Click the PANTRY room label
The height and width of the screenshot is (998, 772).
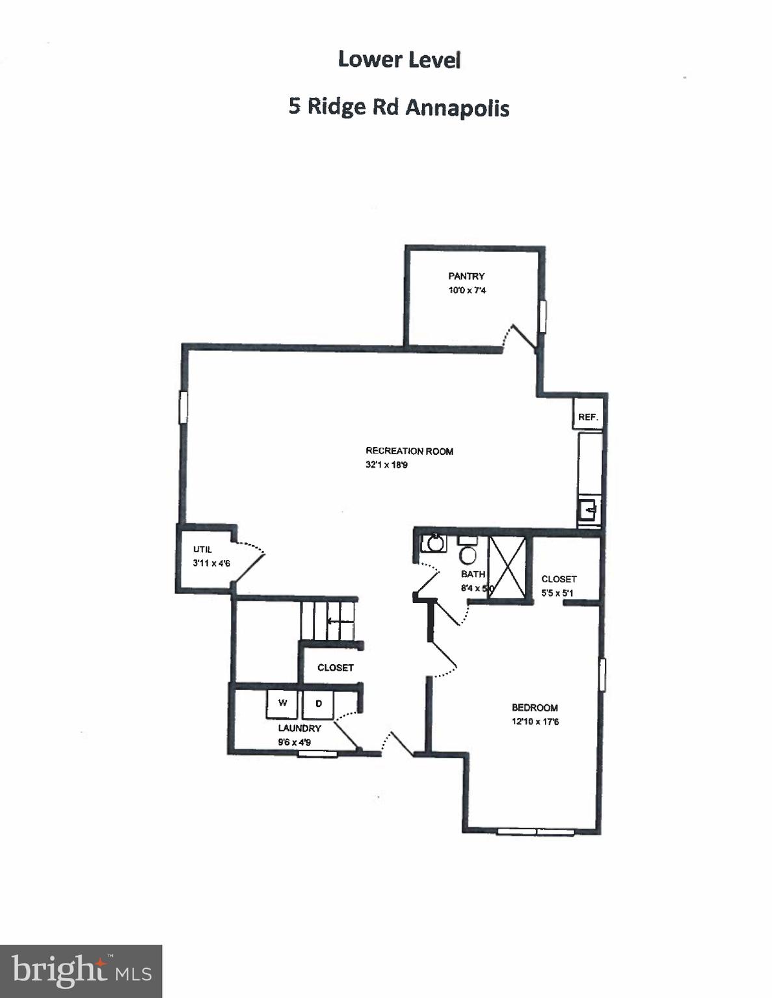click(x=466, y=276)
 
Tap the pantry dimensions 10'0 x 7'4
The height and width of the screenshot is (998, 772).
click(x=466, y=290)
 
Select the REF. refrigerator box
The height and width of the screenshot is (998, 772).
click(x=588, y=416)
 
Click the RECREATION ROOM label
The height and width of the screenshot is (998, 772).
click(x=409, y=451)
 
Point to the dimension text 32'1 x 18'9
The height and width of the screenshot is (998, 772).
click(x=386, y=465)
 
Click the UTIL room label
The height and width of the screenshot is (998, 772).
click(x=202, y=550)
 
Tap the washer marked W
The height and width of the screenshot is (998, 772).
click(x=282, y=704)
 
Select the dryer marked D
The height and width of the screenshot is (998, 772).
click(x=318, y=704)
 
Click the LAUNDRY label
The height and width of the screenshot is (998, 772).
click(x=299, y=728)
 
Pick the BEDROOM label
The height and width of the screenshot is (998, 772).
click(x=535, y=708)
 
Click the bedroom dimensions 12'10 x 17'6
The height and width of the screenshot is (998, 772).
click(x=535, y=722)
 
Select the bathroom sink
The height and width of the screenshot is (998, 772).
click(x=433, y=543)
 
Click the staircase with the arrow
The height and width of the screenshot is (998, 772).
click(x=328, y=621)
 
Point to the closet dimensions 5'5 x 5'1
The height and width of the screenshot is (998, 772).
click(x=557, y=593)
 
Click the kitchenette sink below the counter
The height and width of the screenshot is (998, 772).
click(x=588, y=510)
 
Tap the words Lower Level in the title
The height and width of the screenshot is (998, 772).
click(x=399, y=60)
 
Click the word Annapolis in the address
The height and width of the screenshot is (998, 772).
click(x=457, y=107)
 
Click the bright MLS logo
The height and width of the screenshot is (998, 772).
click(x=81, y=971)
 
